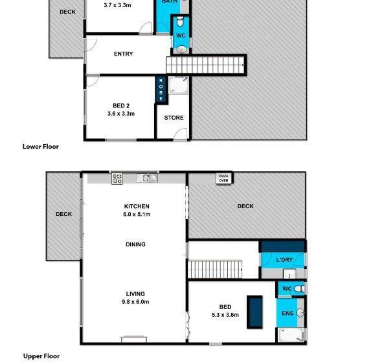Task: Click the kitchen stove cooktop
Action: pyautogui.click(x=117, y=179)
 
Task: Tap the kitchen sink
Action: pyautogui.click(x=150, y=178)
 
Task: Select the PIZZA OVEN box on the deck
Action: pyautogui.click(x=223, y=179)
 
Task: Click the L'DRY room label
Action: pyautogui.click(x=284, y=260)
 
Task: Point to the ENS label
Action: pyautogui.click(x=288, y=314)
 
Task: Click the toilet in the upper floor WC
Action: pyautogui.click(x=297, y=288)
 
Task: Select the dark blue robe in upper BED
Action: pyautogui.click(x=255, y=312)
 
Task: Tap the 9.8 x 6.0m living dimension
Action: pyautogui.click(x=136, y=302)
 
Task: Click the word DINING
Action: pyautogui.click(x=136, y=244)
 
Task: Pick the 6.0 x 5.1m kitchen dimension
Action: pyautogui.click(x=137, y=214)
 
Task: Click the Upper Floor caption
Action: pyautogui.click(x=41, y=356)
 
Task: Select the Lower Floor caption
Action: pyautogui.click(x=41, y=147)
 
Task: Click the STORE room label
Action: pyautogui.click(x=174, y=118)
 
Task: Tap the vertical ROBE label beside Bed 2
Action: pyautogui.click(x=161, y=89)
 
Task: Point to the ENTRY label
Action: pyautogui.click(x=123, y=54)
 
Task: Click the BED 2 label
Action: pyautogui.click(x=121, y=105)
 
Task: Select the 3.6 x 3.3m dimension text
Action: pyautogui.click(x=121, y=114)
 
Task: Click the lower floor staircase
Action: pyautogui.click(x=207, y=65)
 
